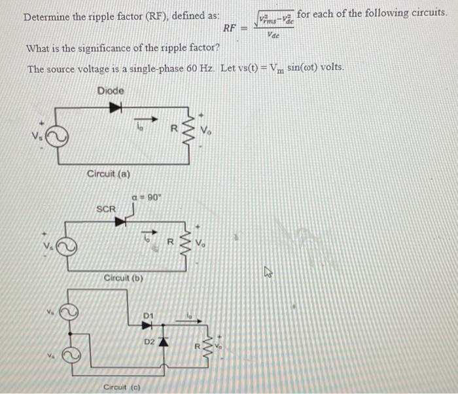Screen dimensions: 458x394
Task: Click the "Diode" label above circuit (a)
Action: pyautogui.click(x=111, y=90)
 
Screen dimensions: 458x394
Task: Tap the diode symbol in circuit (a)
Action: pyautogui.click(x=117, y=107)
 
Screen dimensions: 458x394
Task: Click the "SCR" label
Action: pyautogui.click(x=106, y=209)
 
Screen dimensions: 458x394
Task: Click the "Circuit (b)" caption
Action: pyautogui.click(x=123, y=278)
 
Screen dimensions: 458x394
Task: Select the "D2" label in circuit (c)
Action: pyautogui.click(x=149, y=342)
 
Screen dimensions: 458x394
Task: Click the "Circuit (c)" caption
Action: pyautogui.click(x=123, y=387)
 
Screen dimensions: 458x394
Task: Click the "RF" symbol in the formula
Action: pyautogui.click(x=230, y=27)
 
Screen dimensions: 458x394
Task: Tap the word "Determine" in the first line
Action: pyautogui.click(x=46, y=16)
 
